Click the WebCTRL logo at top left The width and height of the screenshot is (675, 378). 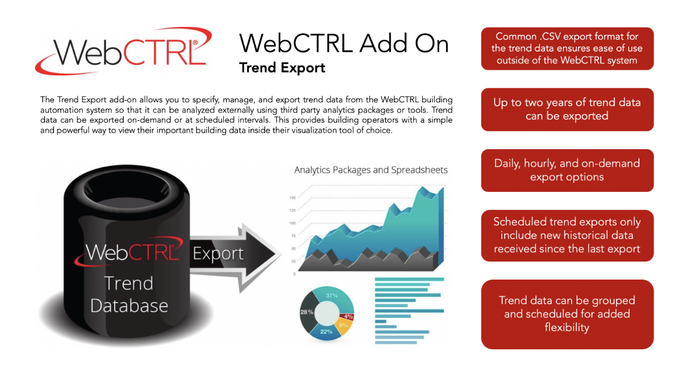pos(124,51)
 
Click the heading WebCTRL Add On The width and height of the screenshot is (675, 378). pos(344,44)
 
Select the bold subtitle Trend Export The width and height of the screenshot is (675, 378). pos(282,67)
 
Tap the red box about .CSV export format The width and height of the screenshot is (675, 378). pos(567,48)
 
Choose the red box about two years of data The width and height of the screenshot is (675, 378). pos(567,110)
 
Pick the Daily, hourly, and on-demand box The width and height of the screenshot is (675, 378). pos(567,170)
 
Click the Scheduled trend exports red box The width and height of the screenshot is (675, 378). pos(567,236)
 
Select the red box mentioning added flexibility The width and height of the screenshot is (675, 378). pos(567,314)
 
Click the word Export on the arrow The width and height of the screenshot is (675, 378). pos(218,253)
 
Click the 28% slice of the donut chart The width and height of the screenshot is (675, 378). pos(307,312)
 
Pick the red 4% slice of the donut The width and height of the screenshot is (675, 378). pos(348,317)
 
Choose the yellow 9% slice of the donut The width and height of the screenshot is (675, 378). pos(344,326)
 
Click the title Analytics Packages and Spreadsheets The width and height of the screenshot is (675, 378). pos(371,170)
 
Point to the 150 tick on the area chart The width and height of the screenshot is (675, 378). pos(292,198)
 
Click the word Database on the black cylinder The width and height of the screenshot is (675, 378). pos(129,305)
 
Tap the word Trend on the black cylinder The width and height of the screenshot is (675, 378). pos(129,283)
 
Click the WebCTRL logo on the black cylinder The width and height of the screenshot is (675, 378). pos(129,251)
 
